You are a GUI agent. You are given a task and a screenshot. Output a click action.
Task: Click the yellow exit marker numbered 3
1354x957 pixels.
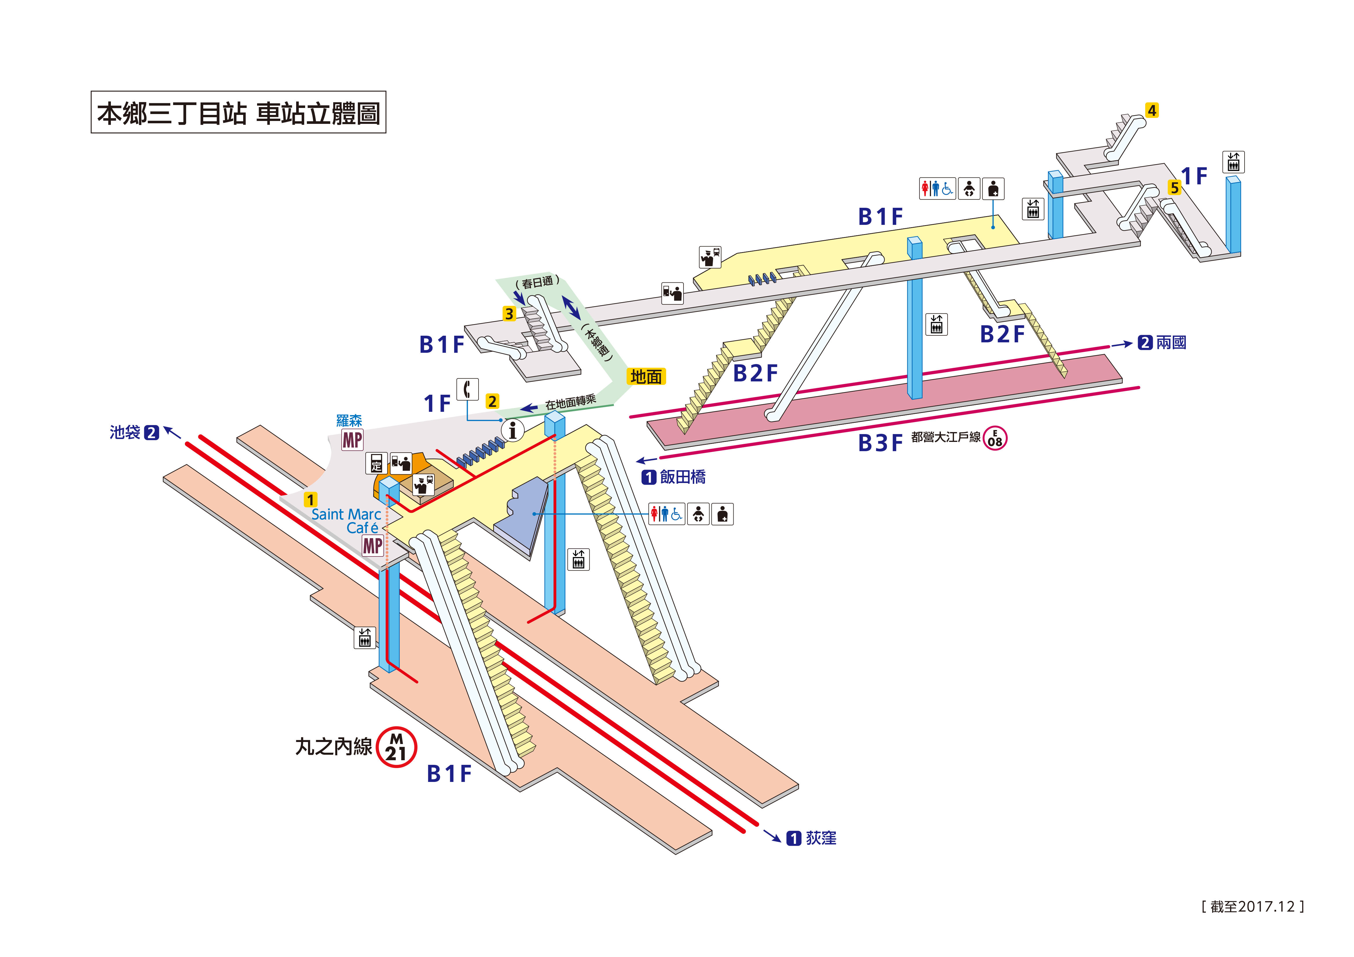point(509,314)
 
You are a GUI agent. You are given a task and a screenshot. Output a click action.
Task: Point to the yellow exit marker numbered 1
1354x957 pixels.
point(310,499)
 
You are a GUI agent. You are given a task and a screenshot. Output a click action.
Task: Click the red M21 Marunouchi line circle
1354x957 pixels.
point(396,747)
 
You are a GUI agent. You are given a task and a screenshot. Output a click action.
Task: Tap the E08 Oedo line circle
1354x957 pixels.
point(995,438)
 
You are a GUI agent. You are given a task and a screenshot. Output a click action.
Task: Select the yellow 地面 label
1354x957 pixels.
point(646,376)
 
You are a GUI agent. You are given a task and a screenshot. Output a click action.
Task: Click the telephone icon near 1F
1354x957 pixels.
point(468,389)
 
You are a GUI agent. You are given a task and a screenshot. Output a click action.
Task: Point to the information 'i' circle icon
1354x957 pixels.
point(512,430)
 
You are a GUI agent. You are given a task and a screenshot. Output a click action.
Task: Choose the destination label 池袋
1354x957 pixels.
point(124,432)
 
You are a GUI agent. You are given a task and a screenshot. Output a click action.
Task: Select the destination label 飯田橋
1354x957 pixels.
point(682,477)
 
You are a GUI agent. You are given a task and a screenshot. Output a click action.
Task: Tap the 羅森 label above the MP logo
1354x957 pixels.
point(349,420)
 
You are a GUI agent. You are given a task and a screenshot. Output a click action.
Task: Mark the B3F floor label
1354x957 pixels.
point(880,443)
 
